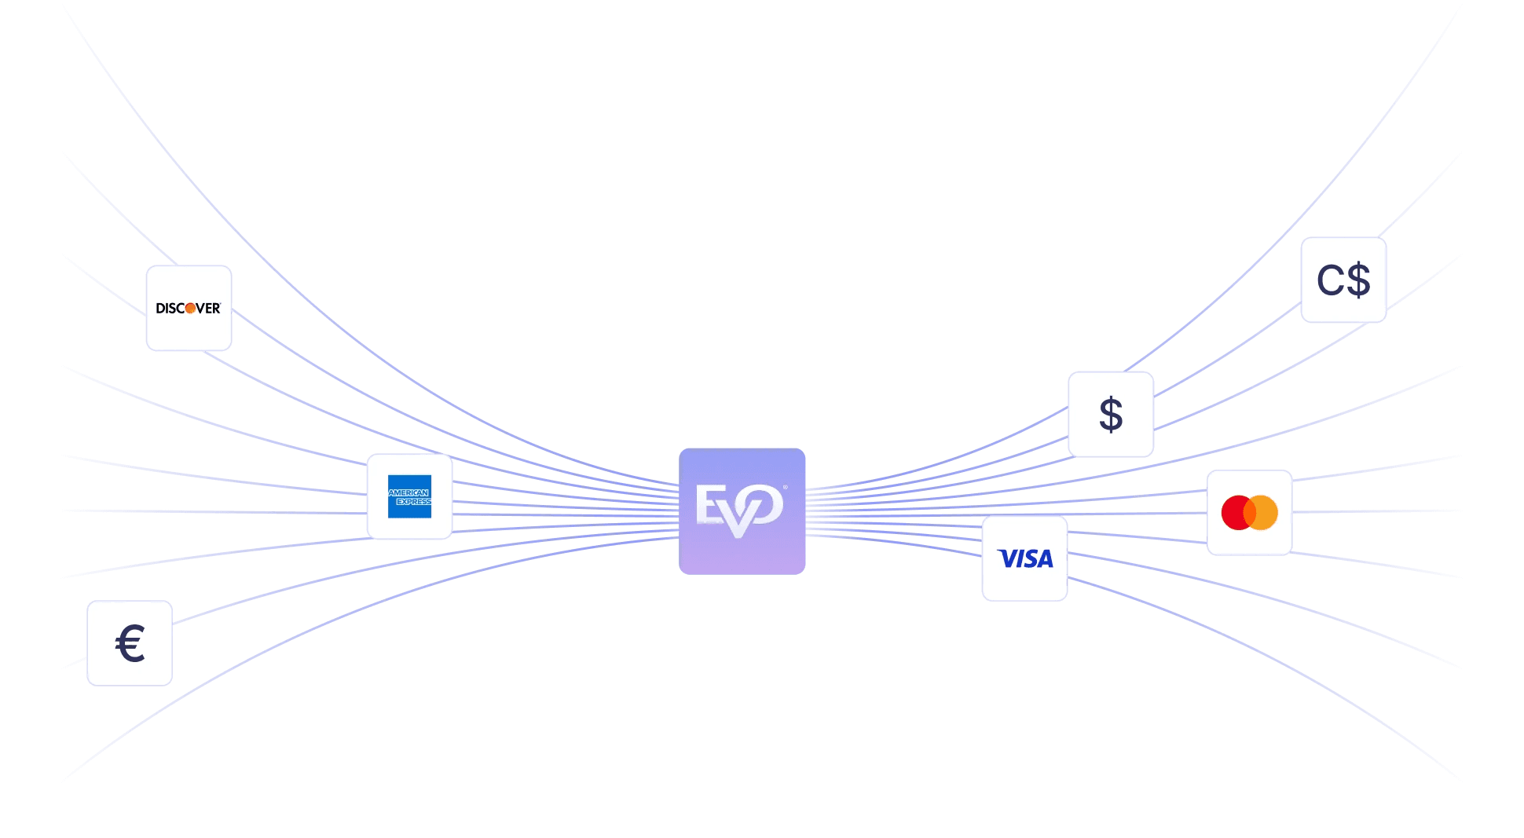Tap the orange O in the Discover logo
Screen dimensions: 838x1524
click(190, 309)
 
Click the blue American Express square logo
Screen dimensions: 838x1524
click(409, 496)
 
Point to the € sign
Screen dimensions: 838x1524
click(130, 643)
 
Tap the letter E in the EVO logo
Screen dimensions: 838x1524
click(710, 504)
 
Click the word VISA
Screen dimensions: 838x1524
click(1025, 558)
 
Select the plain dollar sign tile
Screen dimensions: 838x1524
click(1111, 415)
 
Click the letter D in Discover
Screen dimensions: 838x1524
click(160, 309)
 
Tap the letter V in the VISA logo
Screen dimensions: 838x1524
click(1006, 558)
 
